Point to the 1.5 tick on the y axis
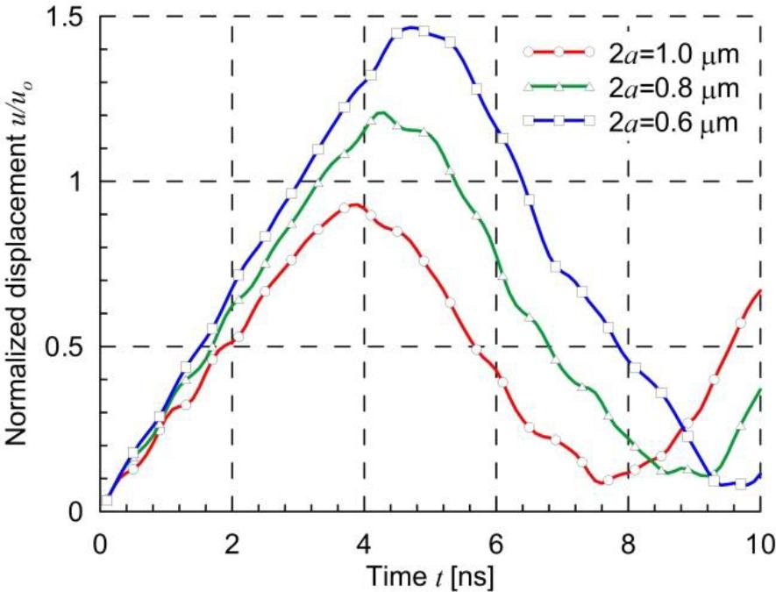click(x=73, y=17)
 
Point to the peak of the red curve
click(x=352, y=205)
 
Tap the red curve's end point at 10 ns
click(x=759, y=290)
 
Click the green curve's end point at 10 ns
click(x=759, y=389)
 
